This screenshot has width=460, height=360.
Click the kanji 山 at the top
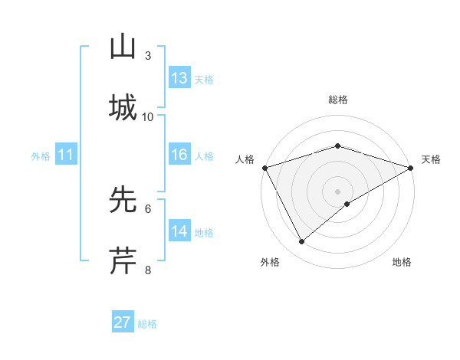pyautogui.click(x=123, y=47)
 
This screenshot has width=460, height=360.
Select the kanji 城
pyautogui.click(x=123, y=108)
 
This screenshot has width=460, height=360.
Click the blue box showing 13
pyautogui.click(x=179, y=78)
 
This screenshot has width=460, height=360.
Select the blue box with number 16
pyautogui.click(x=179, y=155)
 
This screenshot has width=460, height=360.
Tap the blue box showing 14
pyautogui.click(x=179, y=231)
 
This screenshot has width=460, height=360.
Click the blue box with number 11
pyautogui.click(x=66, y=155)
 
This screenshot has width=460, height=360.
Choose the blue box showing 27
pyautogui.click(x=123, y=322)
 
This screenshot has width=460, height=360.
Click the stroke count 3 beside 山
pyautogui.click(x=148, y=56)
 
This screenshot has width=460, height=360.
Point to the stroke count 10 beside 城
pyautogui.click(x=148, y=117)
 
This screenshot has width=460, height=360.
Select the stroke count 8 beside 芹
pyautogui.click(x=148, y=270)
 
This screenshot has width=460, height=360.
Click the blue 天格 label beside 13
pyautogui.click(x=204, y=80)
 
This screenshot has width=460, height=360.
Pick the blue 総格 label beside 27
pyautogui.click(x=147, y=324)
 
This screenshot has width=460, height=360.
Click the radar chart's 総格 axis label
pyautogui.click(x=337, y=100)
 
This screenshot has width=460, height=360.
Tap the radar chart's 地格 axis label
pyautogui.click(x=402, y=262)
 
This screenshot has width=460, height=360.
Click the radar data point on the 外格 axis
pyautogui.click(x=301, y=242)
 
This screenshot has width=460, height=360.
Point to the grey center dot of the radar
pyautogui.click(x=337, y=191)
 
